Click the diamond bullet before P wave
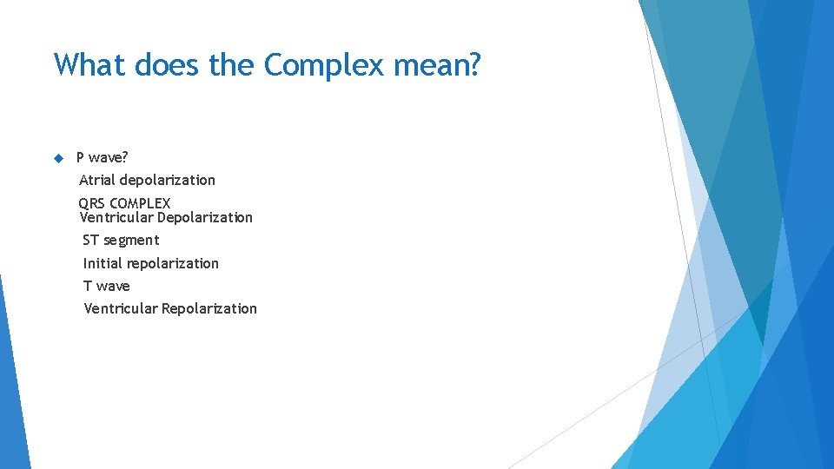tap(58, 158)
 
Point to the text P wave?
tap(103, 158)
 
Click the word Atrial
tap(97, 180)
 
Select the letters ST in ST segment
tap(91, 240)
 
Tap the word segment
tap(132, 241)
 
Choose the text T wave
tap(107, 286)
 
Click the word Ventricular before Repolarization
tap(121, 308)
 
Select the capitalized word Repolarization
tap(209, 308)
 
